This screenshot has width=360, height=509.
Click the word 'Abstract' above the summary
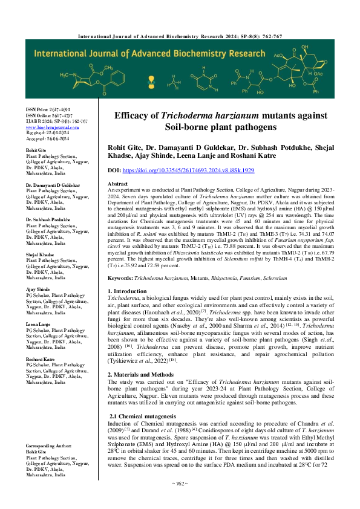(x=117, y=183)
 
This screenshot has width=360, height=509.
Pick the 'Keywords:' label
(x=120, y=277)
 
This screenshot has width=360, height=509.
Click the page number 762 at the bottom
(x=180, y=500)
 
